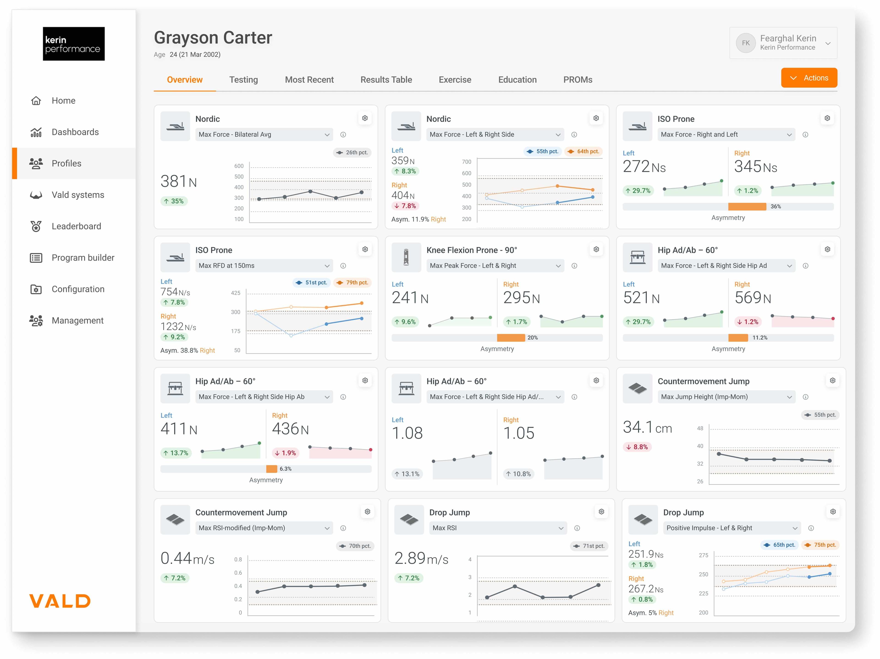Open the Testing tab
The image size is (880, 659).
pos(243,79)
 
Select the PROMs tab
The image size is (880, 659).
pos(578,79)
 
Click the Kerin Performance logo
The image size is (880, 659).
pos(74,44)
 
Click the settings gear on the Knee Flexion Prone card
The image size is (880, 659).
pos(596,249)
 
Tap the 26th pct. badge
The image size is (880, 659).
pos(352,152)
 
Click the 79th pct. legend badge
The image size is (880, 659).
pos(352,282)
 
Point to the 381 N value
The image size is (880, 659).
pos(179,181)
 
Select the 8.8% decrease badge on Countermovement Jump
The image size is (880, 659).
pos(637,447)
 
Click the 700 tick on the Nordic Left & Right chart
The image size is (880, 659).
pos(466,162)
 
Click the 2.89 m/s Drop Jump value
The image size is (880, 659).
pos(421,558)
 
